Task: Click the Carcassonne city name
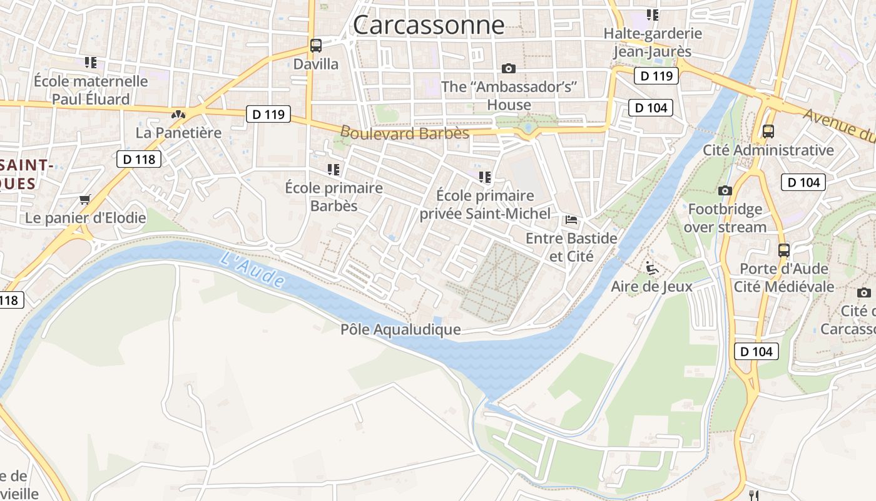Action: pyautogui.click(x=429, y=25)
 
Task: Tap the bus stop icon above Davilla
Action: pyautogui.click(x=316, y=45)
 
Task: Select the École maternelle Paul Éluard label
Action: pyautogui.click(x=91, y=90)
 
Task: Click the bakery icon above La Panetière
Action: pyautogui.click(x=178, y=115)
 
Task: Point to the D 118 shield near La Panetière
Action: pyautogui.click(x=139, y=159)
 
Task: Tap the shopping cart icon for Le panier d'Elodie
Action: pyautogui.click(x=85, y=200)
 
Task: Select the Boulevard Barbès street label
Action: pyautogui.click(x=404, y=133)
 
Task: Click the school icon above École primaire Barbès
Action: pyautogui.click(x=334, y=169)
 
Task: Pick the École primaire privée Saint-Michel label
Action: pyautogui.click(x=485, y=205)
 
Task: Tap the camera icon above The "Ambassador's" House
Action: pyautogui.click(x=509, y=68)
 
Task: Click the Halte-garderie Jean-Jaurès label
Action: pyautogui.click(x=653, y=42)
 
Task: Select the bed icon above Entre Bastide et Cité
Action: pyautogui.click(x=571, y=220)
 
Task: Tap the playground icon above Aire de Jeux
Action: pyautogui.click(x=651, y=268)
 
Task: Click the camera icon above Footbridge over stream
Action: pyautogui.click(x=725, y=190)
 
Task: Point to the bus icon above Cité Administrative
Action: pyautogui.click(x=768, y=132)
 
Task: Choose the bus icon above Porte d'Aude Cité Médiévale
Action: pyautogui.click(x=783, y=250)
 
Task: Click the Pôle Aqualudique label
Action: pyautogui.click(x=400, y=329)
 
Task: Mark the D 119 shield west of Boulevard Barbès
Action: pyautogui.click(x=268, y=114)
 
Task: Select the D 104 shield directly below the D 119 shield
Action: pyautogui.click(x=651, y=108)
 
